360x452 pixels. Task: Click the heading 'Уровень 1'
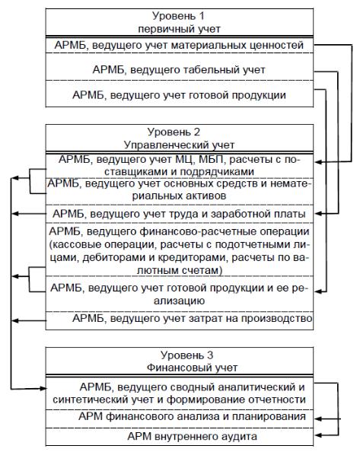pos(178,16)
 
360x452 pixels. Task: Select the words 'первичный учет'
pos(179,29)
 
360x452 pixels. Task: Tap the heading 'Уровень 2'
pos(174,132)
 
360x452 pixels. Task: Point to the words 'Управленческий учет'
pos(179,145)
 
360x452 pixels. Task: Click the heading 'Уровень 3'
pos(186,355)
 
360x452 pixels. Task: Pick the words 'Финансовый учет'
pos(192,368)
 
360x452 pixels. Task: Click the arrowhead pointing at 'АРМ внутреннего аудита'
pos(317,435)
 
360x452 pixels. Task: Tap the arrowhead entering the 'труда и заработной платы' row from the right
pos(317,214)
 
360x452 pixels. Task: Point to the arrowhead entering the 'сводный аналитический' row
pos(43,389)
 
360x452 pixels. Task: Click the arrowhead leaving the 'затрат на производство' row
pos(14,320)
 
